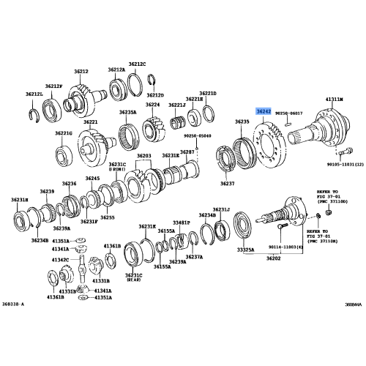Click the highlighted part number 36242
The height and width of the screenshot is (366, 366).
[x=264, y=111]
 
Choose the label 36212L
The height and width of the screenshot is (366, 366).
[x=34, y=94]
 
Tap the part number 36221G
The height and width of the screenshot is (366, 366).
[x=64, y=133]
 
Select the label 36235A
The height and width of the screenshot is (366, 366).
[x=127, y=112]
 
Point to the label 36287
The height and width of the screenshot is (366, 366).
[x=188, y=152]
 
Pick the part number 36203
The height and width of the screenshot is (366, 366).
[x=143, y=156]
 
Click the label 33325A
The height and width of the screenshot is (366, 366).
[x=246, y=250]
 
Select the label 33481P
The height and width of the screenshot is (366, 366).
[x=181, y=222]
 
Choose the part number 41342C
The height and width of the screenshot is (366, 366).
[x=60, y=259]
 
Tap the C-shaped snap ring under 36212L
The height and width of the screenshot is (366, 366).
[x=34, y=111]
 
